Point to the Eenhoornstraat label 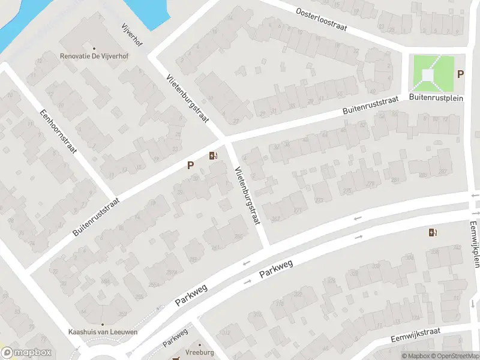tap(58, 131)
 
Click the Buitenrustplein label tap(436, 98)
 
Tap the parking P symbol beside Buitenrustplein tap(460, 74)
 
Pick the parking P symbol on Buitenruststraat tap(191, 165)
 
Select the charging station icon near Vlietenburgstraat tap(213, 157)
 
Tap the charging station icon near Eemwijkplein tap(433, 232)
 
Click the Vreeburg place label tap(200, 353)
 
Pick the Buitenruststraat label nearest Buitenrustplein tap(371, 106)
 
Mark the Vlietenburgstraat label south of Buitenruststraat tap(248, 194)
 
